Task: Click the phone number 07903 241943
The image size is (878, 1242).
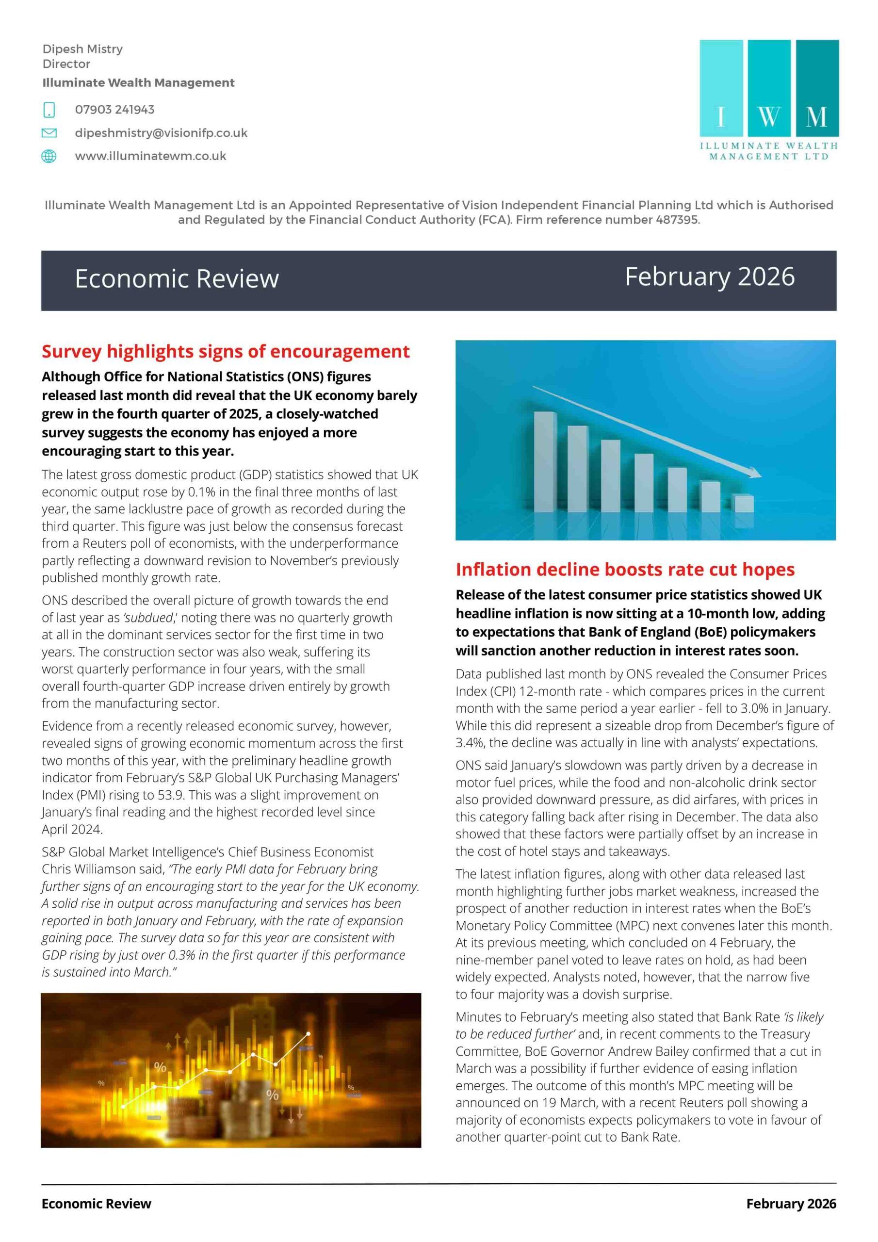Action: coord(114,110)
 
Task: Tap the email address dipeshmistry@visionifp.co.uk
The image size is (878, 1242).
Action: coord(161,133)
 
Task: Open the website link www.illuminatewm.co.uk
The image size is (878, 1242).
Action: coord(150,156)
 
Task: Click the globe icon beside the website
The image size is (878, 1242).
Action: coord(49,156)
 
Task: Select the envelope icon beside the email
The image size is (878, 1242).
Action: coord(49,133)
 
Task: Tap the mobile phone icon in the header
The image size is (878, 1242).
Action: coord(49,110)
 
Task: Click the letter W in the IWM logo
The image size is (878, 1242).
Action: coord(769,117)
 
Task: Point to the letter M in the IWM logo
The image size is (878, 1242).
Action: coord(816,117)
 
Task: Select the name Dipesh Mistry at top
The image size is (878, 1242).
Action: coord(83,49)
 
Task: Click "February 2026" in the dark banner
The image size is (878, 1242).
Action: coord(710,277)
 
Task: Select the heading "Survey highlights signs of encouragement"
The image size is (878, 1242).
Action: coord(226,352)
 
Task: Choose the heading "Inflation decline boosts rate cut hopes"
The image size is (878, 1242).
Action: coord(625,570)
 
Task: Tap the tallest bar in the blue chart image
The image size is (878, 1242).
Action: coord(545,461)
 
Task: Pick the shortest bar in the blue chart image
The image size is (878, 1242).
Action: coord(744,503)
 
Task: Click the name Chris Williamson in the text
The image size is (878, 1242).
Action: coord(89,869)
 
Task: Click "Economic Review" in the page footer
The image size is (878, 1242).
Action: coord(97,1204)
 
